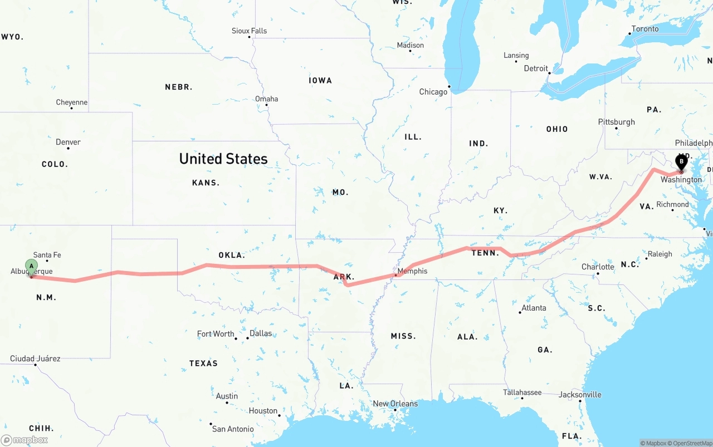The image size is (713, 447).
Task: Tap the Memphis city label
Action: [x=413, y=271]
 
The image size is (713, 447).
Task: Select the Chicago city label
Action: [x=433, y=92]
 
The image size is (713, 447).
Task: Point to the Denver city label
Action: [x=68, y=142]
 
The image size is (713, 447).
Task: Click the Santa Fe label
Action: [x=47, y=255]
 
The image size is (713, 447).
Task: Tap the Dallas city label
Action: [x=261, y=333]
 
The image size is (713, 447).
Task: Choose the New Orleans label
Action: [x=395, y=404]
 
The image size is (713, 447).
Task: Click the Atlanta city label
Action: [x=534, y=308]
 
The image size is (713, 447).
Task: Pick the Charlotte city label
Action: [x=598, y=267]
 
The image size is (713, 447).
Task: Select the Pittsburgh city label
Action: [x=616, y=122]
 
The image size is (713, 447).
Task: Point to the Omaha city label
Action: [x=266, y=99]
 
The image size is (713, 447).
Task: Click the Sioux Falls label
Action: [x=249, y=31]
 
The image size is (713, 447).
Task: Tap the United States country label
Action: [x=223, y=159]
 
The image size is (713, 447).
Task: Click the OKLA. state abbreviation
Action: [x=232, y=255]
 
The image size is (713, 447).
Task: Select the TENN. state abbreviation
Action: [x=485, y=253]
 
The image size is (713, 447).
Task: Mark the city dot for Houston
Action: [x=280, y=415]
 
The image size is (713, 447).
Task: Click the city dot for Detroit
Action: [x=549, y=73]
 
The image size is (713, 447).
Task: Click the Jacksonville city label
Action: [x=580, y=395]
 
